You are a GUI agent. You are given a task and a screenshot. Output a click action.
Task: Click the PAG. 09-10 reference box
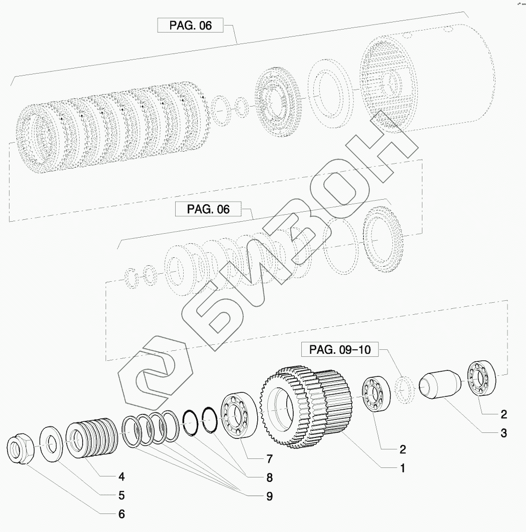tap(340, 349)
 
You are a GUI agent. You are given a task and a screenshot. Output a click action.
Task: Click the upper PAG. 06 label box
tap(190, 26)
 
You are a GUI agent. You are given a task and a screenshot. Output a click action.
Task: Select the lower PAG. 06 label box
tap(208, 209)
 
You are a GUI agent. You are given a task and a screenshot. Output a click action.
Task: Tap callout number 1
tap(402, 468)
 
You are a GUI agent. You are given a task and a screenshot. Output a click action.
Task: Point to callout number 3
tap(503, 433)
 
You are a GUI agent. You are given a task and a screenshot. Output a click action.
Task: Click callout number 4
tap(122, 476)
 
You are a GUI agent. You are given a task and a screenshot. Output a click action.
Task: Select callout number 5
tap(122, 495)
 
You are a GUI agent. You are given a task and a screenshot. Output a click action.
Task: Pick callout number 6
tap(122, 514)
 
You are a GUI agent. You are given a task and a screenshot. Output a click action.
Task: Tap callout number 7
tap(269, 459)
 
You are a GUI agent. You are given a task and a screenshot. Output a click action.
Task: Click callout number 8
tap(269, 477)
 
